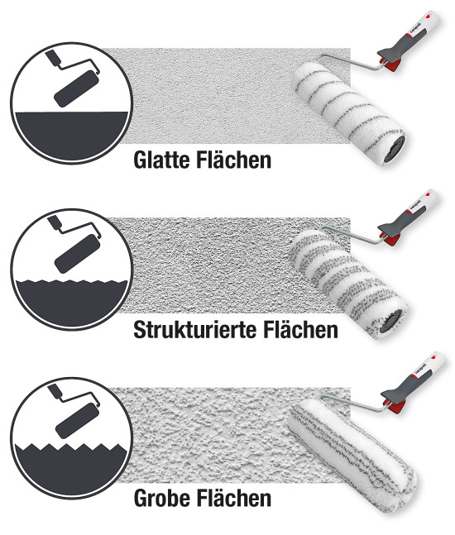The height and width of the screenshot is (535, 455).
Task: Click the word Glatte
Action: click(162, 160)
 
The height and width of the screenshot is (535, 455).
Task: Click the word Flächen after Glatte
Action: click(234, 159)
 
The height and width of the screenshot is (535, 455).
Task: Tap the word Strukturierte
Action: click(195, 330)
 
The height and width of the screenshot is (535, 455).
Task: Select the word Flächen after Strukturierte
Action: click(301, 329)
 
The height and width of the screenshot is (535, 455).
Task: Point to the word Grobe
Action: click(162, 498)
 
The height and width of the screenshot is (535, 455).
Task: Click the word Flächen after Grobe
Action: click(234, 498)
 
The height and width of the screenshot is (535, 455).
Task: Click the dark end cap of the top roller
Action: click(394, 149)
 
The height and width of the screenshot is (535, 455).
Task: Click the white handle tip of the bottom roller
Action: click(435, 360)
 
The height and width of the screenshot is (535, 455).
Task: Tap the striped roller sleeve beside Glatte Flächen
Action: click(349, 112)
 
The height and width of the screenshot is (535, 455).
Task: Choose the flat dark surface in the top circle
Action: click(71, 135)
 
